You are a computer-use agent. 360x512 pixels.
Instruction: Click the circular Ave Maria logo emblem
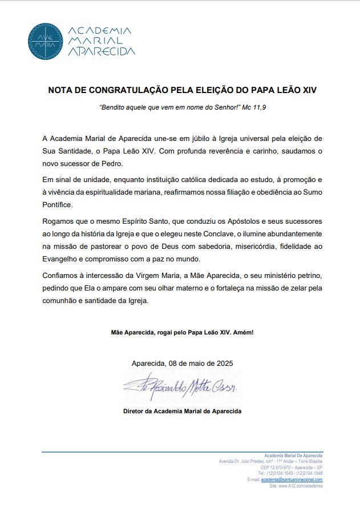[45, 41]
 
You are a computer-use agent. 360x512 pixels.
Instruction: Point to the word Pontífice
[58, 204]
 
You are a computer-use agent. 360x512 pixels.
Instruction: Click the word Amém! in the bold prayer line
[241, 332]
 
